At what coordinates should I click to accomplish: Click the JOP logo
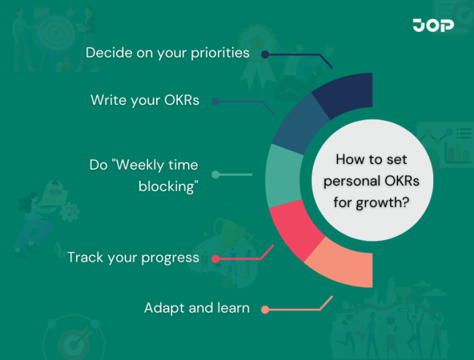(x=433, y=26)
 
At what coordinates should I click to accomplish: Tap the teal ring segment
(x=280, y=176)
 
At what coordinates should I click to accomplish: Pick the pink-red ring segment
(x=295, y=227)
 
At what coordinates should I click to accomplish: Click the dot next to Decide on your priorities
(x=265, y=54)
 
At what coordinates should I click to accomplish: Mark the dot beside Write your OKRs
(x=215, y=101)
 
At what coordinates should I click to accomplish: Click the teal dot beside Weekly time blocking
(x=215, y=175)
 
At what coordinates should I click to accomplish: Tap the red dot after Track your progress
(x=215, y=258)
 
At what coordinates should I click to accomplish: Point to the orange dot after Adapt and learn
(x=265, y=309)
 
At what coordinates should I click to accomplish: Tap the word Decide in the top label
(x=106, y=53)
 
